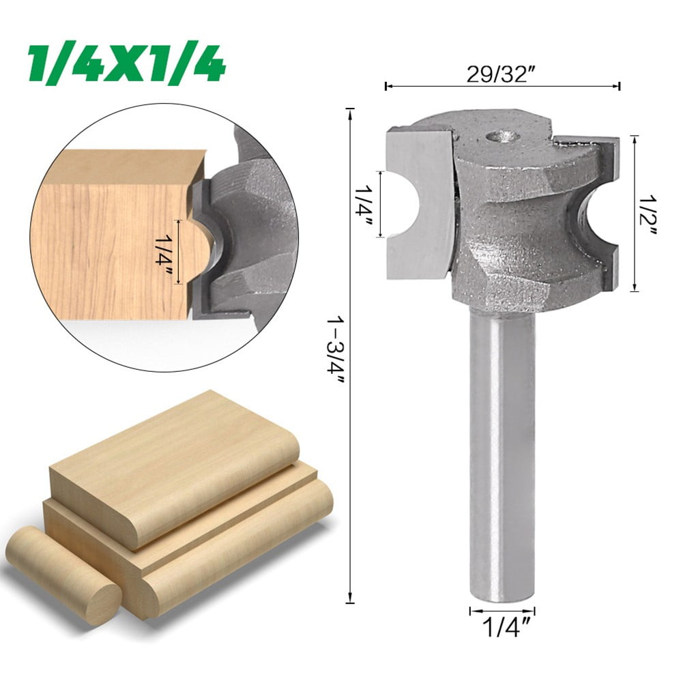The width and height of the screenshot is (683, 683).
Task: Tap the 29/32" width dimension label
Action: point(499,74)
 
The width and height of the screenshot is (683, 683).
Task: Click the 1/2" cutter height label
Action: point(649,213)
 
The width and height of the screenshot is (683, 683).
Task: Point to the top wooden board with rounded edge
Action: point(171,471)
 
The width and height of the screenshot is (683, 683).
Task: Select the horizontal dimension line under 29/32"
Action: point(502,87)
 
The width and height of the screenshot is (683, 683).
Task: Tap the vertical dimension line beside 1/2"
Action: point(635,213)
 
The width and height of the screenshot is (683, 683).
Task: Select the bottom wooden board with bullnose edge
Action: point(225,553)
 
